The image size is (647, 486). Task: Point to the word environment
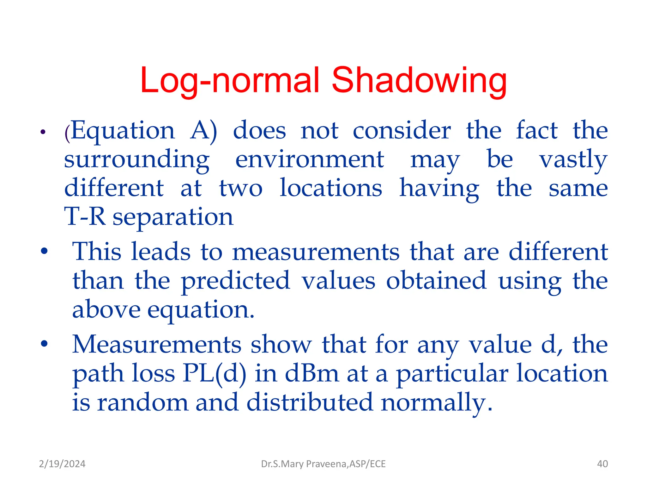310,159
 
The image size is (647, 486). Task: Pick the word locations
331,188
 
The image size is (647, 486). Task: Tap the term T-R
85,217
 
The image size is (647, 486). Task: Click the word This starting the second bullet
97,252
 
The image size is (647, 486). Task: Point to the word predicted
235,281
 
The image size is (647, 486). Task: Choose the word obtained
436,280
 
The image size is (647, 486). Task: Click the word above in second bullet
106,309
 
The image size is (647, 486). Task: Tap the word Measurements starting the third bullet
157,344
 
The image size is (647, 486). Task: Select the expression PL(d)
215,374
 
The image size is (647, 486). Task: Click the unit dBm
312,374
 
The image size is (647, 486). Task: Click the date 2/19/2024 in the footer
62,464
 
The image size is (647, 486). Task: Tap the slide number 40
602,464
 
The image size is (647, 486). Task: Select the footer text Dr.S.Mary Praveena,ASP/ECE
323,464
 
